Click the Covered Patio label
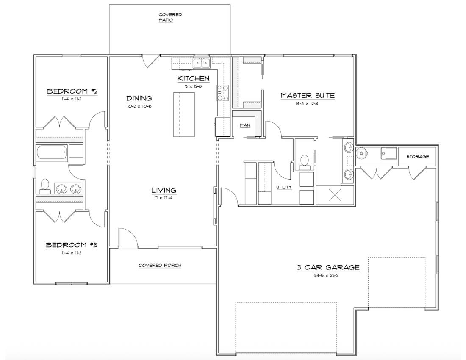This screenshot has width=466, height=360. [170, 17]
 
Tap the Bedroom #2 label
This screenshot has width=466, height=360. [72, 91]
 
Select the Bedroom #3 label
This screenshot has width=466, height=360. [72, 245]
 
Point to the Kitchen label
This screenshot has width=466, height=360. [194, 78]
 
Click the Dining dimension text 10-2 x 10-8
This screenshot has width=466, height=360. [139, 106]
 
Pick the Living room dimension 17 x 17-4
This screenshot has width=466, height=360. [164, 197]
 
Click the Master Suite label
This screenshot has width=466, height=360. [308, 95]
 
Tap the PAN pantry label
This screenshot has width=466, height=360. [245, 125]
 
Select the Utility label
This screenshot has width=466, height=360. [284, 187]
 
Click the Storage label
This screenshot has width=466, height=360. [418, 156]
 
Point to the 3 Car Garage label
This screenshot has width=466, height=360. [328, 267]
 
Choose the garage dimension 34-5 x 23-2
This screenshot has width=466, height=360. [326, 275]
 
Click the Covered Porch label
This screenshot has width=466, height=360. [160, 265]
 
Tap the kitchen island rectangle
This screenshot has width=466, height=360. [184, 114]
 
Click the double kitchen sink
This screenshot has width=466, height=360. [202, 63]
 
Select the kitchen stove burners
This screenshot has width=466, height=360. [222, 93]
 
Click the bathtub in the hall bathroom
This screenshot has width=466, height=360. [52, 152]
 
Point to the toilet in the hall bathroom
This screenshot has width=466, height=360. [45, 186]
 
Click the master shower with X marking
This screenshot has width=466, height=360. [335, 195]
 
